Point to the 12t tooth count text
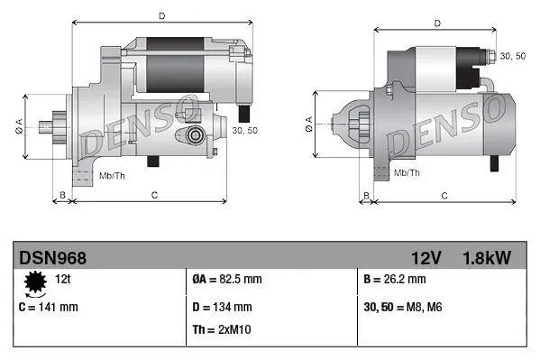click(x=63, y=281)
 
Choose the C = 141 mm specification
click(x=49, y=307)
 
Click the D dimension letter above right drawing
click(x=436, y=23)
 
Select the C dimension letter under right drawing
click(x=444, y=196)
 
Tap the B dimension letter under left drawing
click(x=61, y=196)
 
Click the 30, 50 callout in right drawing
click(x=513, y=57)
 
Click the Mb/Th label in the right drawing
click(x=407, y=171)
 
